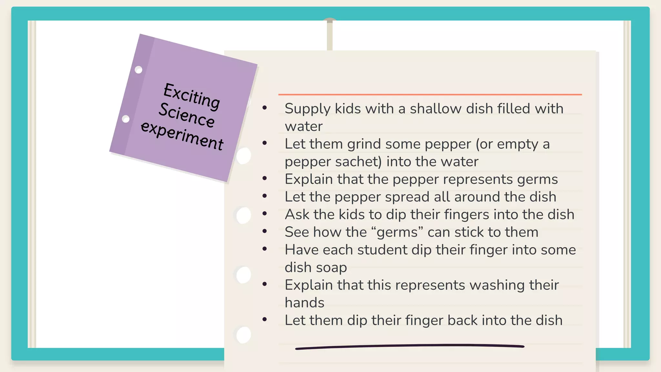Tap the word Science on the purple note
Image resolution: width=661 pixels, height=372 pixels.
point(187,115)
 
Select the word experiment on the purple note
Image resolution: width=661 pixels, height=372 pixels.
point(182,136)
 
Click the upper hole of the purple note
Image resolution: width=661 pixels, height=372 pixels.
point(138,70)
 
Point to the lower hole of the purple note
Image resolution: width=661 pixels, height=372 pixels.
point(126,119)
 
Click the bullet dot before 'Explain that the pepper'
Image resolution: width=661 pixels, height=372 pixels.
point(265,178)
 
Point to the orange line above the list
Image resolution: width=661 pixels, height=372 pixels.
point(430,94)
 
